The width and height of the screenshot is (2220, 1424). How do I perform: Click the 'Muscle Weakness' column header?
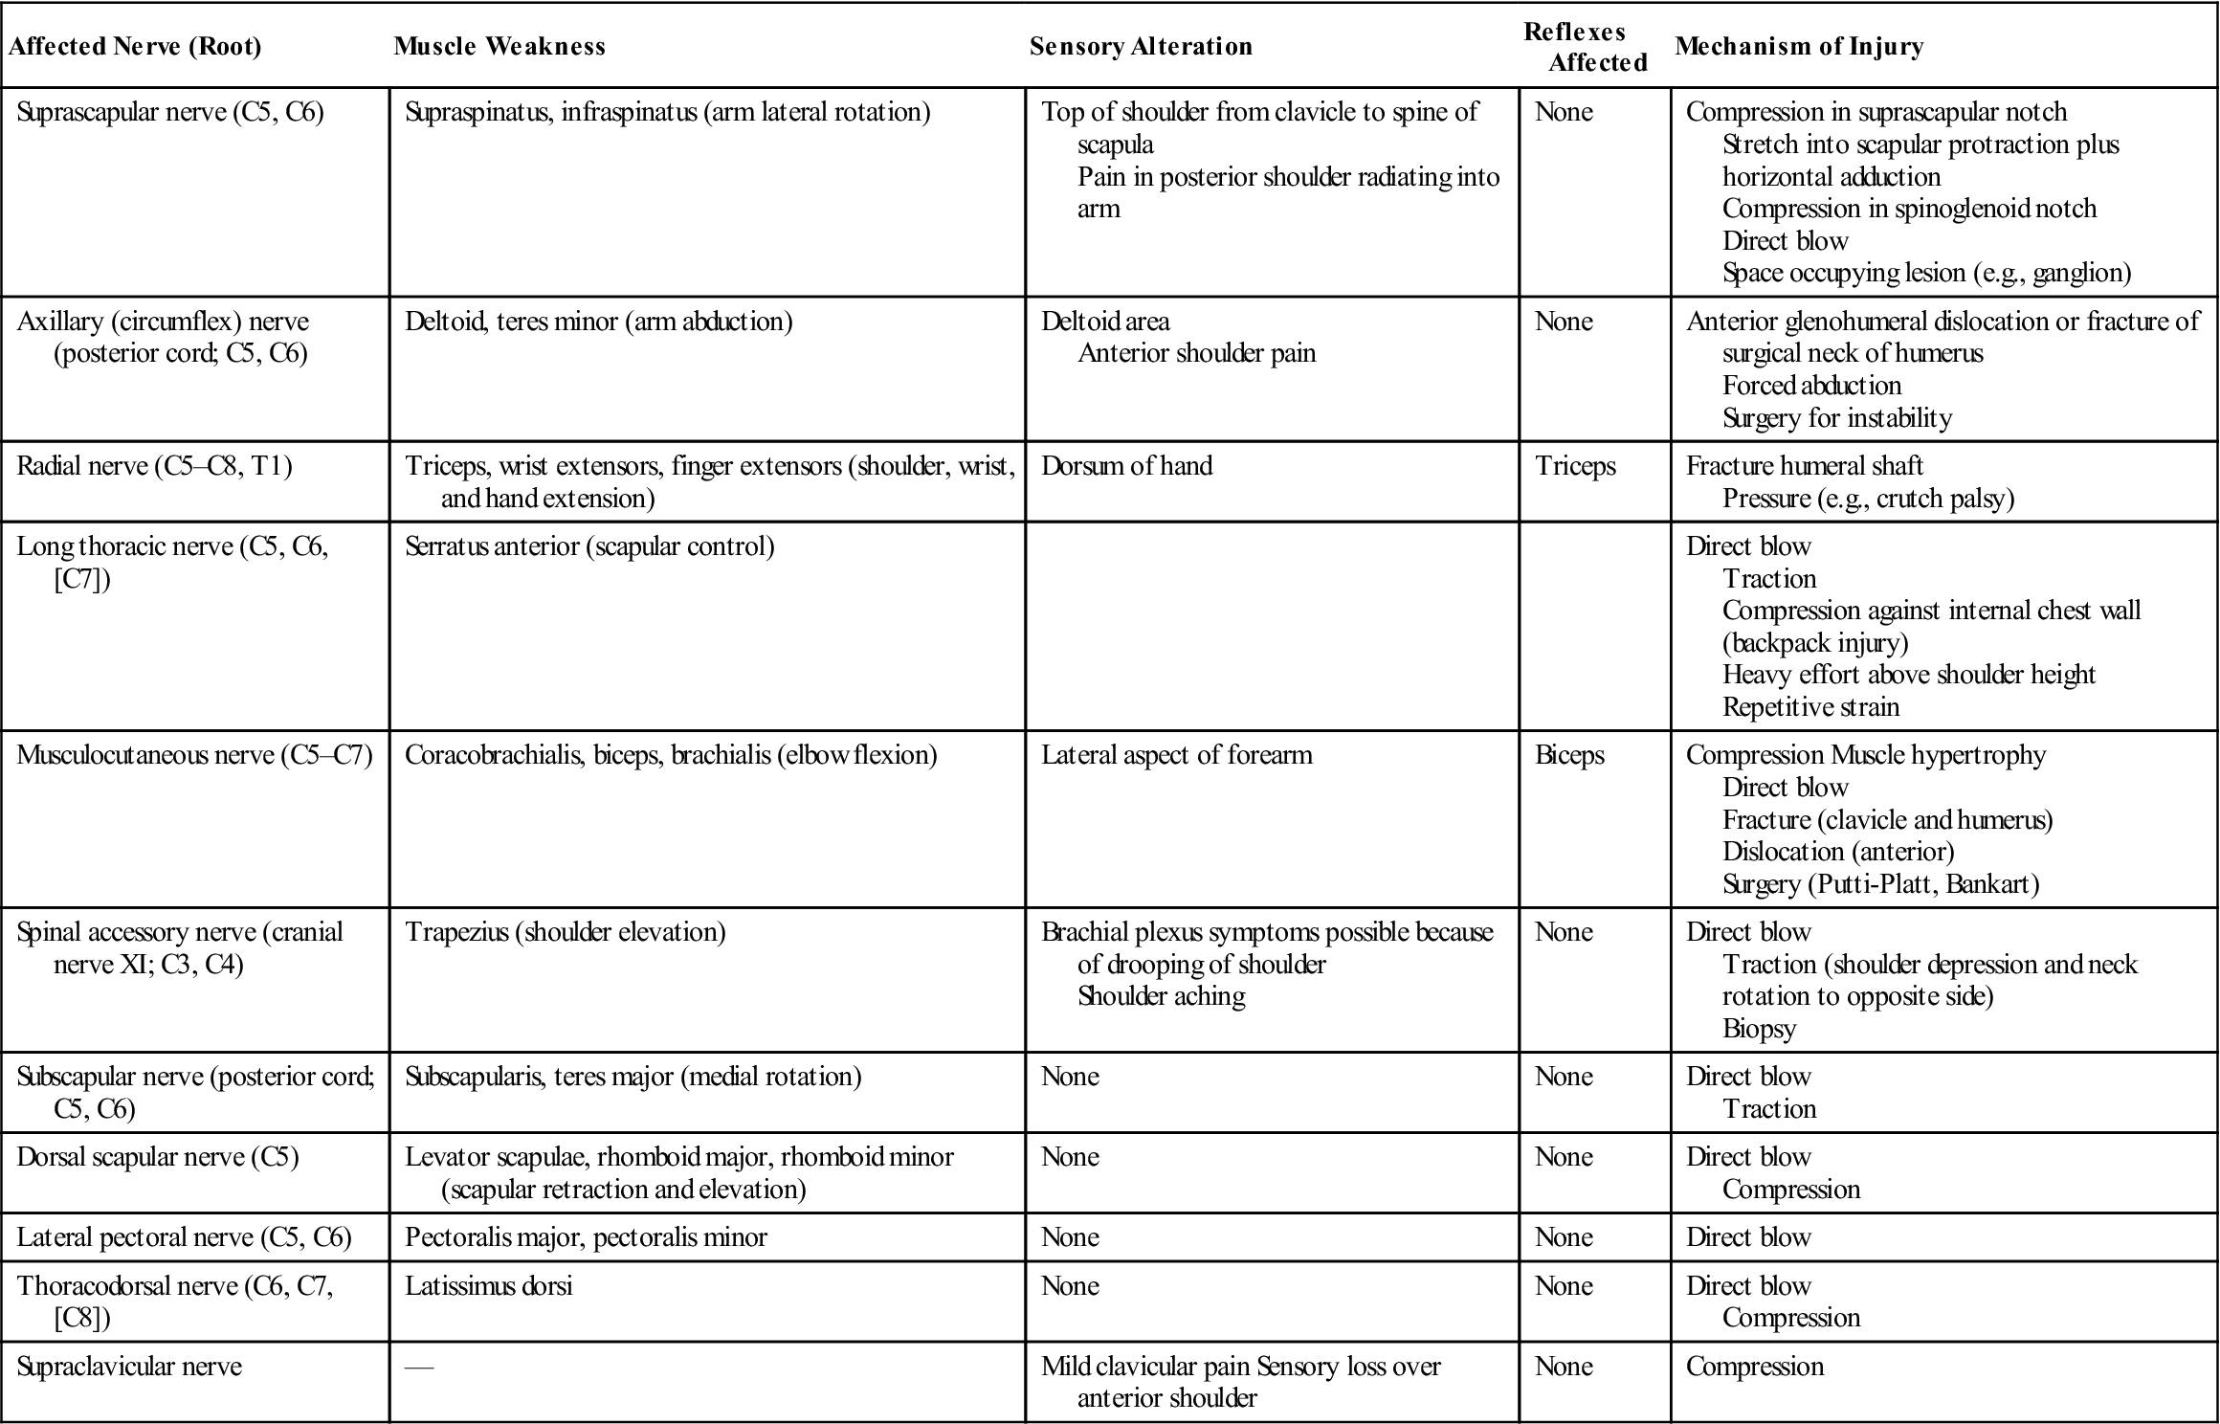(499, 47)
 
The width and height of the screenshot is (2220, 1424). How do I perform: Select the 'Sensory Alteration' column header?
(1141, 47)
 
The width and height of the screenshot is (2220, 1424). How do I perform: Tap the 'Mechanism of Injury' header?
(1799, 47)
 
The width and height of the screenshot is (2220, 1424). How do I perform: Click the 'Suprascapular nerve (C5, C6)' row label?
(170, 113)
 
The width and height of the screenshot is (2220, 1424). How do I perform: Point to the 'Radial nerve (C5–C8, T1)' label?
(154, 466)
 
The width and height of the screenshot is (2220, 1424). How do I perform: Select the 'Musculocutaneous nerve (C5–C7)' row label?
(194, 755)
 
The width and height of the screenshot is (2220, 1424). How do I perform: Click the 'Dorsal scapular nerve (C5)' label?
(158, 1157)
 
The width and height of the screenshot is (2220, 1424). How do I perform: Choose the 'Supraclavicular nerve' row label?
(129, 1366)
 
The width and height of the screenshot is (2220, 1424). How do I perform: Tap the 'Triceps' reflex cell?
(1575, 466)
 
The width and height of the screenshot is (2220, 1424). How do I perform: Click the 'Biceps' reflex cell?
(1569, 755)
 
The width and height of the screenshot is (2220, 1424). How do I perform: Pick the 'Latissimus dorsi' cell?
(488, 1285)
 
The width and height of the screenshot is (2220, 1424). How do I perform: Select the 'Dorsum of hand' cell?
(1126, 466)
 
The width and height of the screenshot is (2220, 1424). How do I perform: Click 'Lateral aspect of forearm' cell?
(1176, 755)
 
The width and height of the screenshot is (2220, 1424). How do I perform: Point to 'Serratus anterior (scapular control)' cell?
(589, 546)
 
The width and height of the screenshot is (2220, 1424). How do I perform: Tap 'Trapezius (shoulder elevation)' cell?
(565, 932)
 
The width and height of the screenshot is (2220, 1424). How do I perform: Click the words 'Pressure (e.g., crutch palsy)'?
(1868, 499)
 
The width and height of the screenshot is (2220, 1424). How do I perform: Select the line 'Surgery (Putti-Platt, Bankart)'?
(1880, 883)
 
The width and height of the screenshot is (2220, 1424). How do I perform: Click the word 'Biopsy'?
(1759, 1029)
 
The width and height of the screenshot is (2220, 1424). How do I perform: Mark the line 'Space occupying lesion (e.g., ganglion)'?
(1926, 274)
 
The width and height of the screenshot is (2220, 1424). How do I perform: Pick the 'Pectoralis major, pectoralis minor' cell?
(586, 1237)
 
